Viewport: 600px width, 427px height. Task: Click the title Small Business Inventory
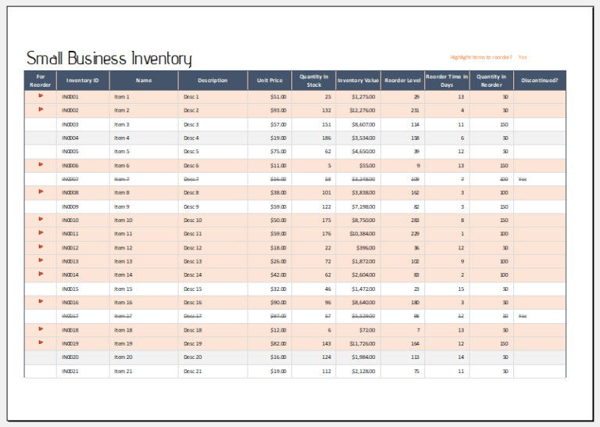coord(109,59)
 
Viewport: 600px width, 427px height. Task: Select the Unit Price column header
coord(270,81)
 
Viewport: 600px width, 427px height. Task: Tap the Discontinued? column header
coord(539,81)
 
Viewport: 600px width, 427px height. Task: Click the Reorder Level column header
coord(402,81)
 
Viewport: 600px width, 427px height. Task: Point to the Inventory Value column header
coord(358,81)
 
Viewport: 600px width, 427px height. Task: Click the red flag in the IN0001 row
coord(41,96)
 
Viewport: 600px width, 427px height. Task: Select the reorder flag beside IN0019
coord(41,343)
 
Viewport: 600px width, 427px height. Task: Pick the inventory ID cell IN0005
coord(70,152)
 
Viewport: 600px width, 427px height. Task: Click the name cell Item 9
coord(121,206)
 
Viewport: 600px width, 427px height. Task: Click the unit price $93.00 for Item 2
coord(278,110)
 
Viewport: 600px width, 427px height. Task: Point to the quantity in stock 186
coord(327,138)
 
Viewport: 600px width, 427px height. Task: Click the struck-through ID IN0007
coord(70,179)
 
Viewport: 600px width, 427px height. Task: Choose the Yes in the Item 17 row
coord(523,316)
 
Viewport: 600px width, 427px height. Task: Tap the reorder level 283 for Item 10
coord(415,221)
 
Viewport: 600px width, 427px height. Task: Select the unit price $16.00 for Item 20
coord(278,357)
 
